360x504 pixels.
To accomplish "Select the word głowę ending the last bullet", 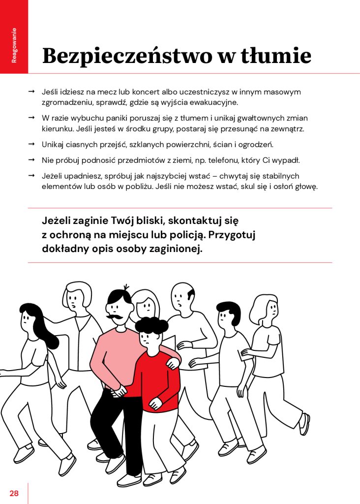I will [x=306, y=187].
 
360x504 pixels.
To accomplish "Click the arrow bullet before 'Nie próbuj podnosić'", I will [x=31, y=160].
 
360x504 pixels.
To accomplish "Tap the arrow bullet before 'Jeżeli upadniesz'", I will [x=31, y=176].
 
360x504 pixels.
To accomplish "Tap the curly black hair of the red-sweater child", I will [x=151, y=325].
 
